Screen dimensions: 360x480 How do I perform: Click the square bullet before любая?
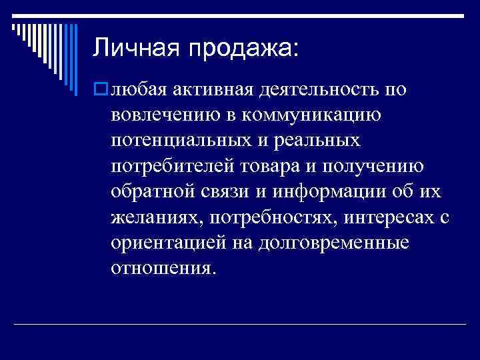[100, 89]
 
